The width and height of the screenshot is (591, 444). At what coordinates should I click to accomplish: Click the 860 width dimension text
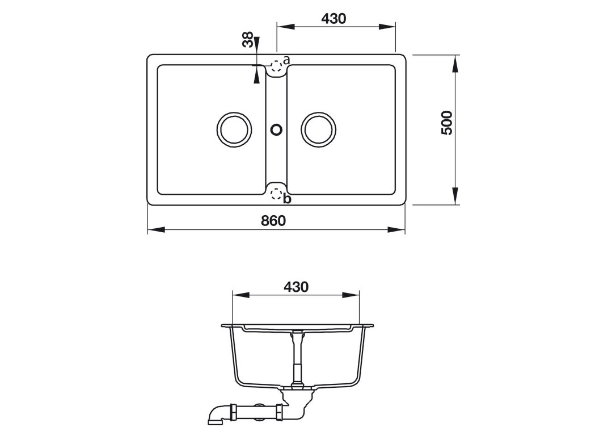(x=273, y=220)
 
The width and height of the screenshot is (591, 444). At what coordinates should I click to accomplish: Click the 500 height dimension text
(x=447, y=123)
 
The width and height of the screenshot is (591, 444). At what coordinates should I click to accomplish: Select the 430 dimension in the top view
(x=334, y=18)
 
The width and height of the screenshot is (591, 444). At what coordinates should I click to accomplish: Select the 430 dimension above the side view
(x=295, y=287)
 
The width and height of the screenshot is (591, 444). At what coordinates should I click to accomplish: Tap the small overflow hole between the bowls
(x=276, y=129)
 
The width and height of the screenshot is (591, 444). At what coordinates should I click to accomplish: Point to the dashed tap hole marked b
(x=276, y=195)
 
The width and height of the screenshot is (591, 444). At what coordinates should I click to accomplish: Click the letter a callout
(x=286, y=60)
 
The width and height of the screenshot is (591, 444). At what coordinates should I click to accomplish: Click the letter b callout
(x=287, y=199)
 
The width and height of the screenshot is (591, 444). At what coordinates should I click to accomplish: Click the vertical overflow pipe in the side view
(x=295, y=358)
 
